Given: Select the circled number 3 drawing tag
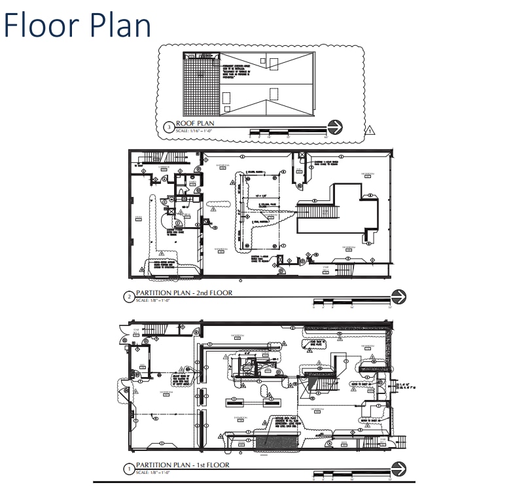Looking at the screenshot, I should coord(169,126).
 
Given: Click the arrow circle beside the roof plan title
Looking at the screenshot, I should coord(334,127).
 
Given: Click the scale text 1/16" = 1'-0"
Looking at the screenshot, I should coord(195,131).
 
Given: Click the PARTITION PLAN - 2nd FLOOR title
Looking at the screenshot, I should coord(183,293).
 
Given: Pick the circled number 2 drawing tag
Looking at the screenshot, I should coord(129,297).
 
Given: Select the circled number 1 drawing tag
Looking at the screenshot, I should coord(129,469).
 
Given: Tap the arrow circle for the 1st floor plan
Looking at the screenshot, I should coord(398,468).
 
